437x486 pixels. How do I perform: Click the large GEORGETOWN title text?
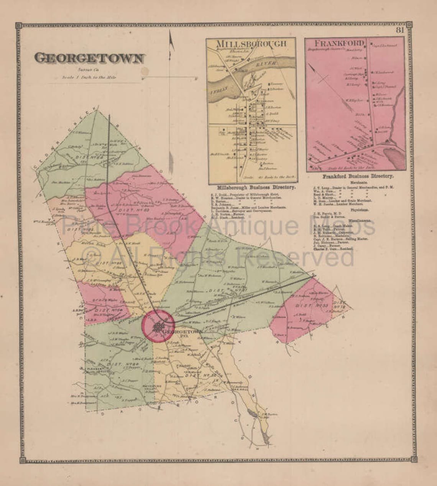(x=90, y=58)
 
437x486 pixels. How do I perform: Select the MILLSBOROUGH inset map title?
(x=251, y=43)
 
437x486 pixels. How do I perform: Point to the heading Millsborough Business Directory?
(x=256, y=188)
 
